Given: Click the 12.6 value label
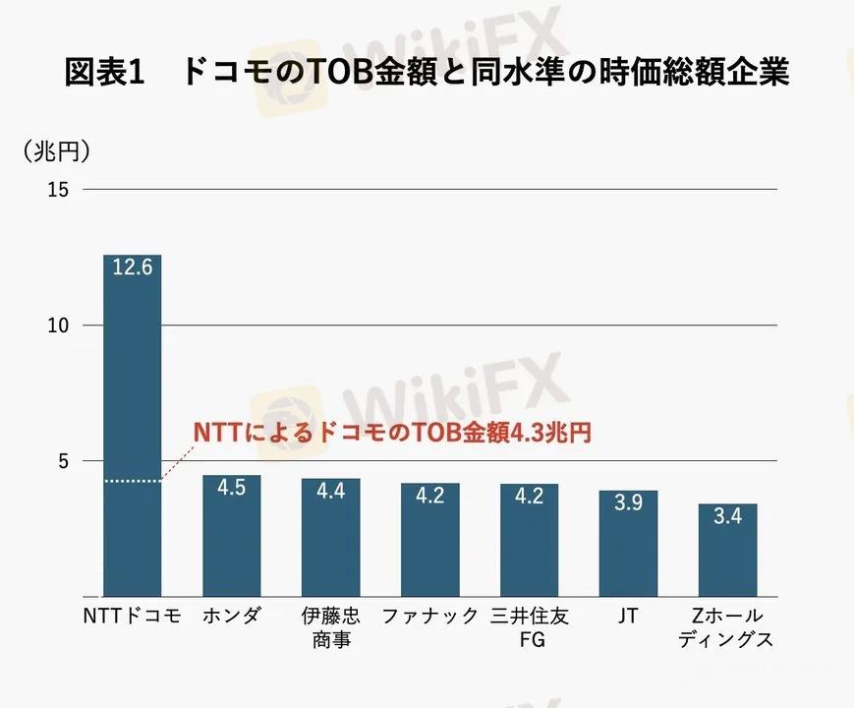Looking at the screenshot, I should (133, 267).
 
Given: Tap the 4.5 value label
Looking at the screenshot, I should (232, 489).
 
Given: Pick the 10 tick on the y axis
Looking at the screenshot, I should (58, 325).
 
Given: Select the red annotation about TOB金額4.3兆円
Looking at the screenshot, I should (391, 434).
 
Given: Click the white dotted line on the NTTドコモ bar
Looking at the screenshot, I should (133, 481).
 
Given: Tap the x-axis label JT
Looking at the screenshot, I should (628, 618).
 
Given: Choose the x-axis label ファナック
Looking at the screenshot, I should (429, 618).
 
